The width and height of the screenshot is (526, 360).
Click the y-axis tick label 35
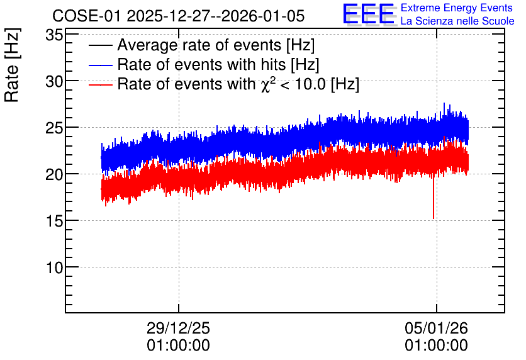(54, 35)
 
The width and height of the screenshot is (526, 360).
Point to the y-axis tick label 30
(54, 81)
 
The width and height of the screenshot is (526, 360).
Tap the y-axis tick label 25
(54, 128)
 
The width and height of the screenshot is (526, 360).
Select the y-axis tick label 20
(54, 174)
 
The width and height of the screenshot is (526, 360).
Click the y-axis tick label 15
(54, 221)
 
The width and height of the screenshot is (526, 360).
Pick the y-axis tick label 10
(54, 267)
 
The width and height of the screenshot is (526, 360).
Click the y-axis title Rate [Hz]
(12, 65)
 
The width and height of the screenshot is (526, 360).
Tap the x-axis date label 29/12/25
(178, 328)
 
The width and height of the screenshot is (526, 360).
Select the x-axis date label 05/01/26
(436, 328)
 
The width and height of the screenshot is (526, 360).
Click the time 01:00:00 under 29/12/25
(178, 346)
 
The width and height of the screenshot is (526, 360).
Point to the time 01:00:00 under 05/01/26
(436, 346)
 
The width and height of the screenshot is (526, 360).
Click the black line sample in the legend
(100, 45)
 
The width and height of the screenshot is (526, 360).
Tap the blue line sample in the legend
(100, 65)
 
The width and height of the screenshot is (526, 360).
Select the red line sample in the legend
(100, 84)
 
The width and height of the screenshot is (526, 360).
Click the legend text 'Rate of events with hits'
(201, 64)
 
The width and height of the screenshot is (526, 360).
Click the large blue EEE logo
(368, 14)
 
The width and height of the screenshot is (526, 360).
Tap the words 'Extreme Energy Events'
(457, 8)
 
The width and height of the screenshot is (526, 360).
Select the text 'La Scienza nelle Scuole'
(457, 21)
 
